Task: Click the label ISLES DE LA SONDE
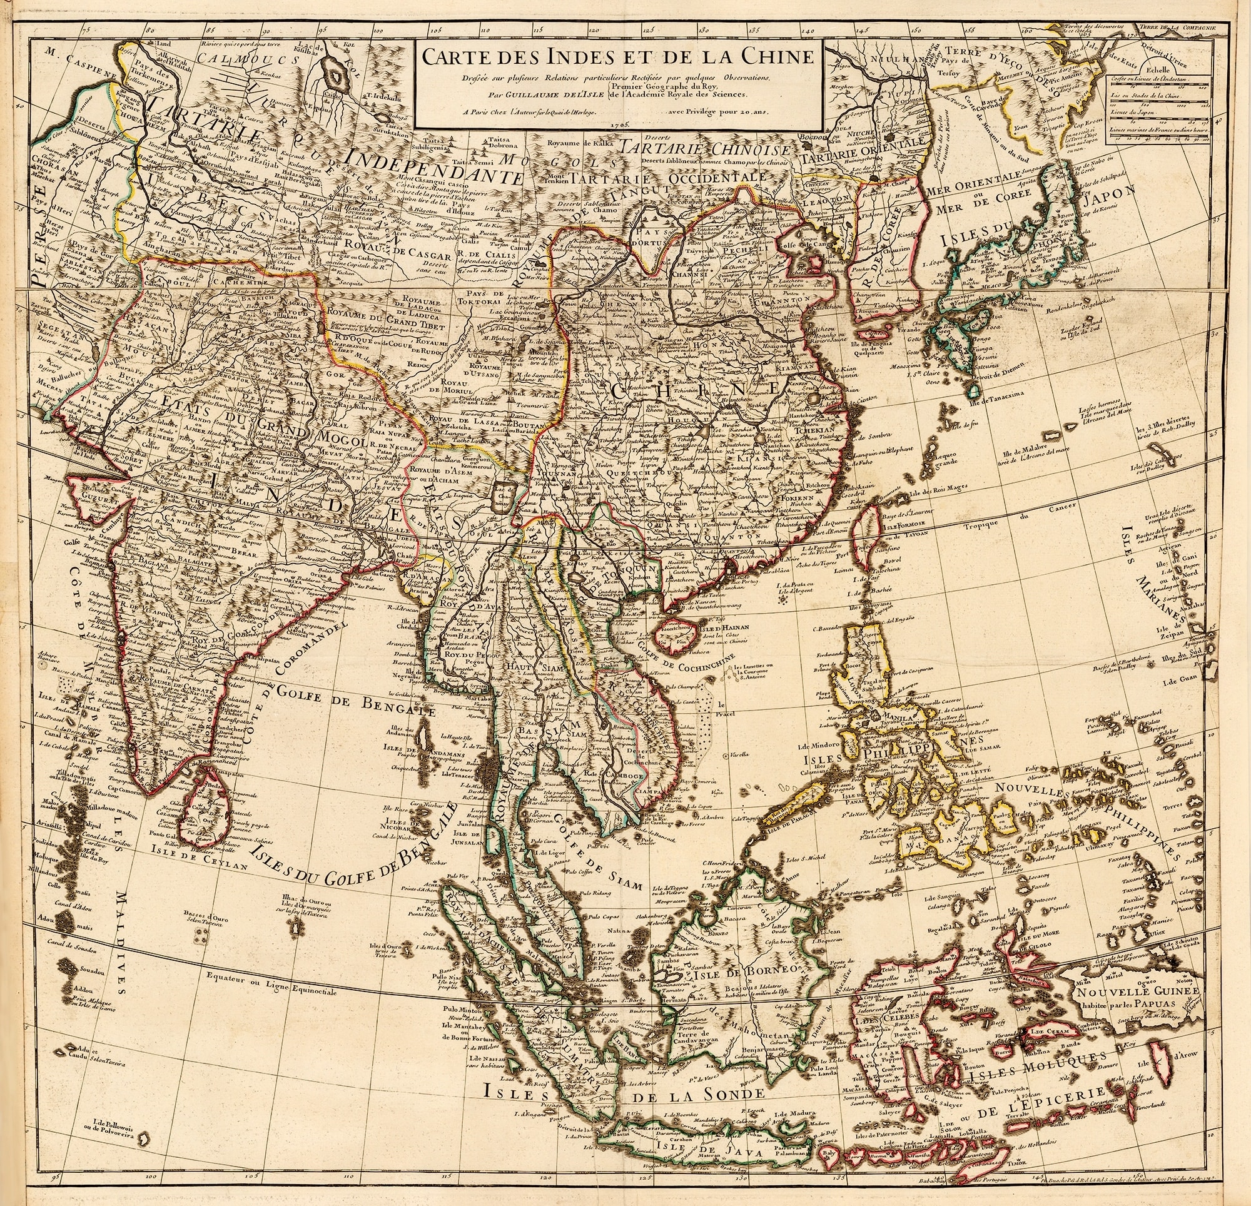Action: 623,1096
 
